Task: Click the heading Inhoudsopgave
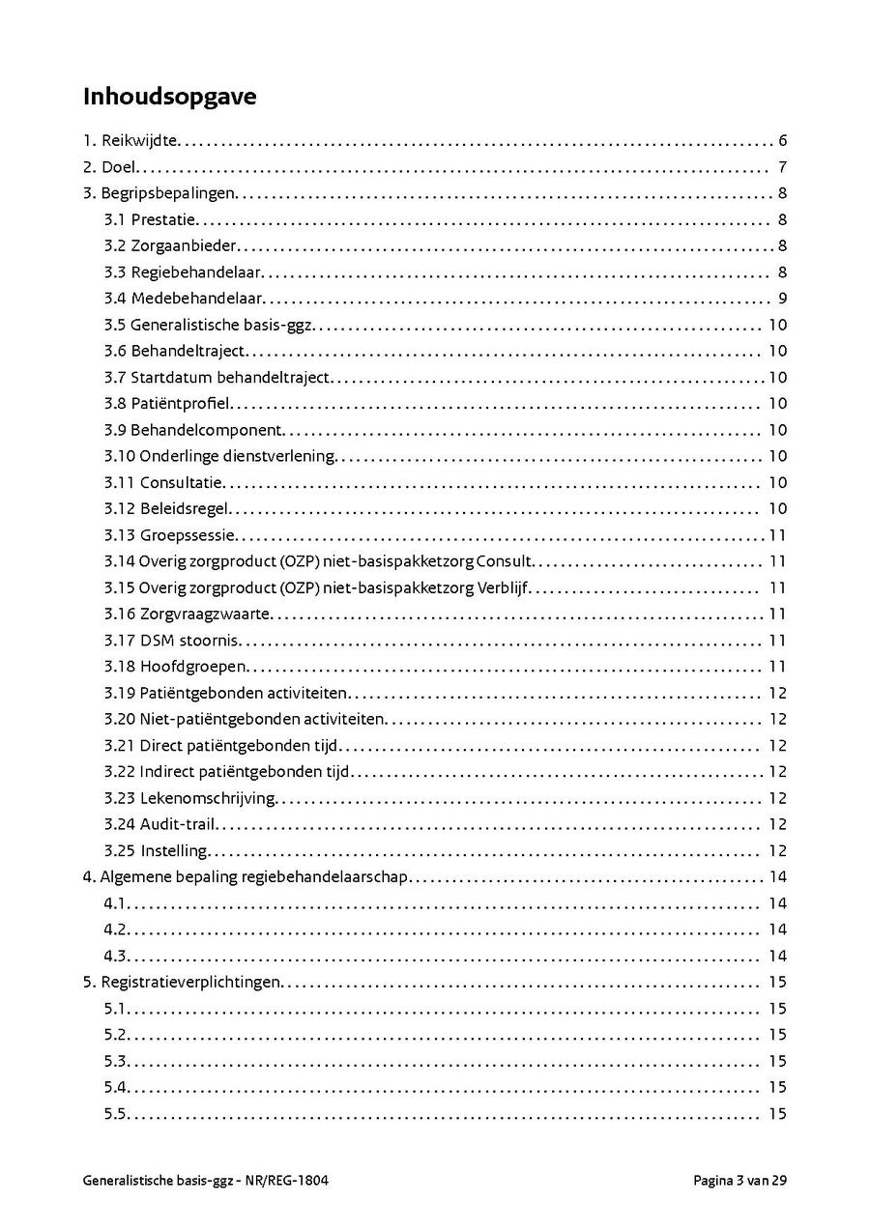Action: coord(169,98)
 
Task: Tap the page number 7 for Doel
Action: coord(782,167)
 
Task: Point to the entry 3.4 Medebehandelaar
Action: coord(184,299)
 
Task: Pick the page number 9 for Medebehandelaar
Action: coord(782,299)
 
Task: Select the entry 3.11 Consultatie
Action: coord(163,482)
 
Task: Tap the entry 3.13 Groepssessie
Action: coord(170,535)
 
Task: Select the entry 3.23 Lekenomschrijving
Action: coord(189,798)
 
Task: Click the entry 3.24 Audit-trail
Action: coord(159,824)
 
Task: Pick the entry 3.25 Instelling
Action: coord(156,850)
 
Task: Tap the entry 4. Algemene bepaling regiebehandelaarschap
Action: coord(246,877)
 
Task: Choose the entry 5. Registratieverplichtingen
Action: coord(182,983)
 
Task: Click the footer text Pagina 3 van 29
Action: coord(739,1180)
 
